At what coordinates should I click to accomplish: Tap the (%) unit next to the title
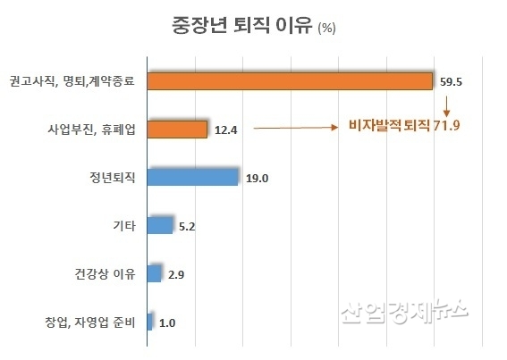(x=326, y=28)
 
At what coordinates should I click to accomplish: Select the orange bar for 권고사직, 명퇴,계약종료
(x=289, y=81)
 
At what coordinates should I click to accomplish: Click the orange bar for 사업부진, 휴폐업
(x=176, y=130)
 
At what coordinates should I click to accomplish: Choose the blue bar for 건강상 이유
(x=153, y=272)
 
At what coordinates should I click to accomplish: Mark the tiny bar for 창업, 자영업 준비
(x=148, y=321)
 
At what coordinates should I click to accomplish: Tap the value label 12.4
(x=227, y=130)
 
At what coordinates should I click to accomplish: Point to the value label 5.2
(x=189, y=226)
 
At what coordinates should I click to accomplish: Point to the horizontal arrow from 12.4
(x=295, y=129)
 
